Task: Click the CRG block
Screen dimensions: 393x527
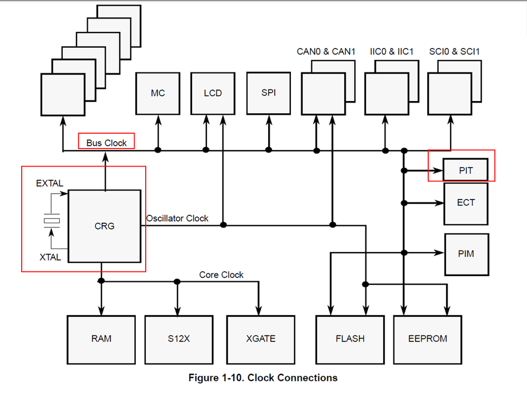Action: click(104, 226)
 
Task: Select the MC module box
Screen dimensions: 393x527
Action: click(157, 93)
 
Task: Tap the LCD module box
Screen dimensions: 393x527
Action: click(212, 93)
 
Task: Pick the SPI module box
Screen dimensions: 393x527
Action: click(268, 93)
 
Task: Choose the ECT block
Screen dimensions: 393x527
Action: click(466, 202)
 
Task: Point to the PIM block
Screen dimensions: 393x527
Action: click(466, 254)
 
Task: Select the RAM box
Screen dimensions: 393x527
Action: click(101, 339)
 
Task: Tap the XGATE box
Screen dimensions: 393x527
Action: click(261, 339)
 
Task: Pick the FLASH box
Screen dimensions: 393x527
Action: click(350, 339)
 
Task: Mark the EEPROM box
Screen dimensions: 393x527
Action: click(427, 339)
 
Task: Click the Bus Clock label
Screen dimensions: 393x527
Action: click(107, 143)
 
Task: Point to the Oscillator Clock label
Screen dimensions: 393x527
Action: click(177, 218)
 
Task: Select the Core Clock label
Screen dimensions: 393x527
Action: click(221, 275)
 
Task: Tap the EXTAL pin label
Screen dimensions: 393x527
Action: click(49, 184)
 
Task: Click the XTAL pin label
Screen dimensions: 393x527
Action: click(50, 258)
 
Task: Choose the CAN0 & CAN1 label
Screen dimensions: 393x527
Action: click(326, 51)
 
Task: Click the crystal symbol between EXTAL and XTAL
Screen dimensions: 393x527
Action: click(51, 220)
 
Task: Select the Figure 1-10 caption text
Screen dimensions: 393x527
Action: click(263, 378)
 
